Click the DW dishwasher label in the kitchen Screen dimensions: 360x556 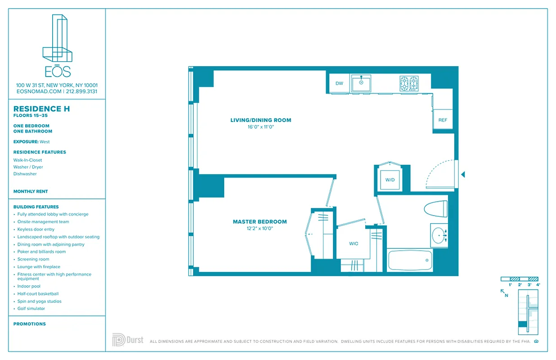(339, 83)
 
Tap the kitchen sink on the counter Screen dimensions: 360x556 (361, 84)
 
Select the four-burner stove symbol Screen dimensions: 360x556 (409, 83)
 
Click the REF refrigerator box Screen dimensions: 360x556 (443, 120)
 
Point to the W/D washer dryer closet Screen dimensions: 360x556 (390, 180)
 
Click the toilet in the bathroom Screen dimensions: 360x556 (435, 209)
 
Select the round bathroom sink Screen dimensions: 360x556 (438, 234)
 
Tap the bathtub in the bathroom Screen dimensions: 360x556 (410, 261)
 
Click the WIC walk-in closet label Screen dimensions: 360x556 (354, 243)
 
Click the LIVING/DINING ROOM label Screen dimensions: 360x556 (260, 120)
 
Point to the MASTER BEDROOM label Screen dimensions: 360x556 (260, 221)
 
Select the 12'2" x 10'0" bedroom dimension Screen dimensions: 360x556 (260, 228)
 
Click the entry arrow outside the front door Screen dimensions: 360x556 (463, 174)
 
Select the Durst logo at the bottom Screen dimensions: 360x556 (128, 340)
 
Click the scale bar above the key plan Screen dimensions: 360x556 (520, 279)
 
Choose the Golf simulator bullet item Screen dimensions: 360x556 (31, 309)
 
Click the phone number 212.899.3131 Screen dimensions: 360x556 (81, 91)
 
